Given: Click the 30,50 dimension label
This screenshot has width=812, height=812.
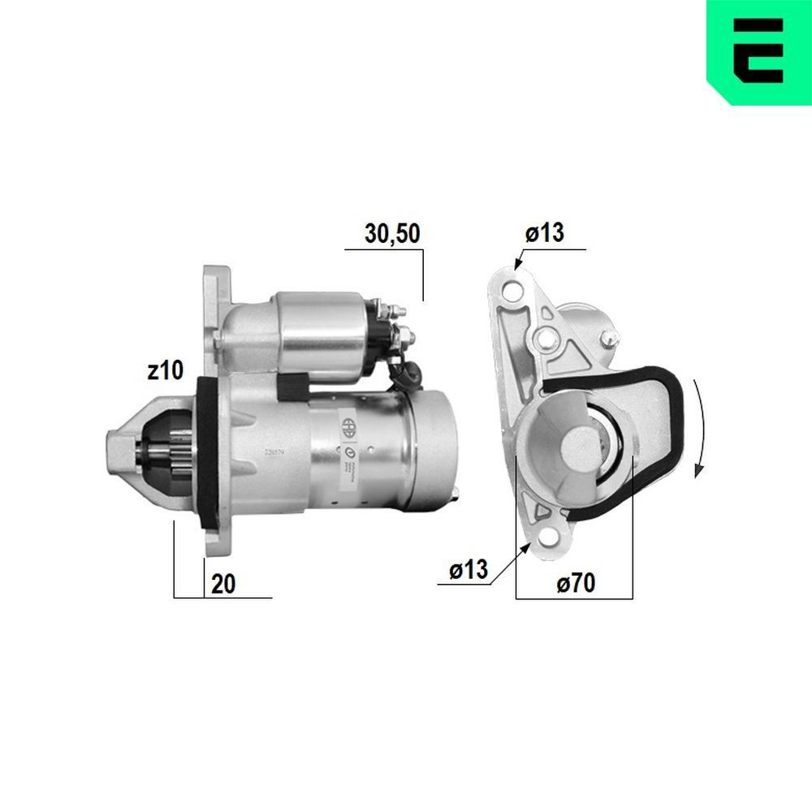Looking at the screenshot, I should coord(391,235).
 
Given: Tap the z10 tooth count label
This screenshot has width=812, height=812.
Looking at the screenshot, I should coord(166,371).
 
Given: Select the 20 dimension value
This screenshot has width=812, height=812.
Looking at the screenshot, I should coord(223,583).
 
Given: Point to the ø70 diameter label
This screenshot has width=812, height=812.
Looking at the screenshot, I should coord(576,582).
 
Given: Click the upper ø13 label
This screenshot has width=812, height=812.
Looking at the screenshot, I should coord(544,234).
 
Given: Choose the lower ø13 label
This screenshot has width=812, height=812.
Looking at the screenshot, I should coord(469,570).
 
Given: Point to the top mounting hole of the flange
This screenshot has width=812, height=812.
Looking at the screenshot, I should coord(512,290).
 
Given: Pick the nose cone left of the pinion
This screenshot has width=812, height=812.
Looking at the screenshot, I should coord(122,447).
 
